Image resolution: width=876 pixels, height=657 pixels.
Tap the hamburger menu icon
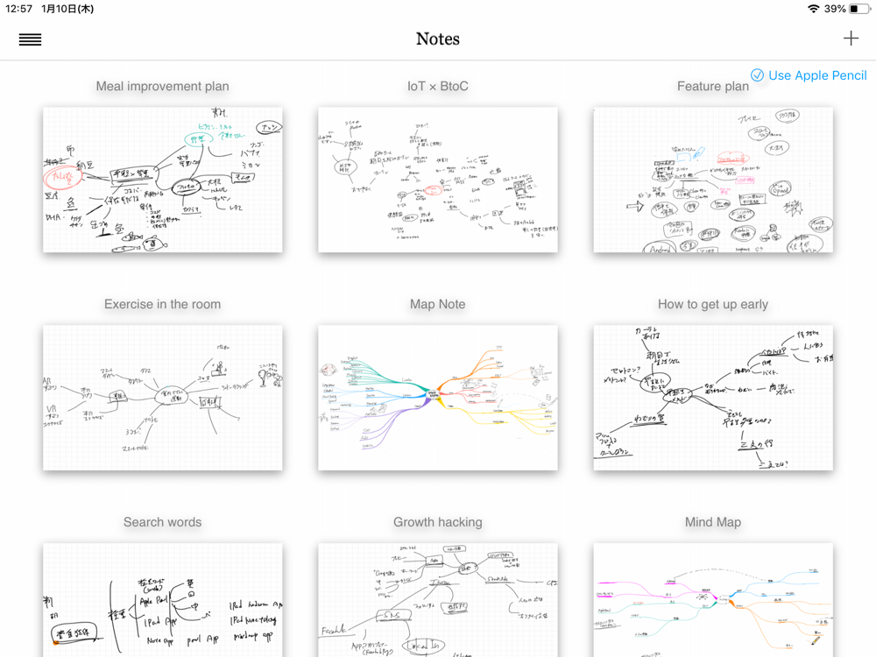[30, 39]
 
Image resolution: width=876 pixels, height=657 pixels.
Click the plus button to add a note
[851, 39]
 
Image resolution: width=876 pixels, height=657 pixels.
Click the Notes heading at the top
[437, 39]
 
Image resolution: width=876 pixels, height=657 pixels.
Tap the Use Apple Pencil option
[809, 75]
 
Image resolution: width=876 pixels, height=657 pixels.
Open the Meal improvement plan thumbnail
[163, 180]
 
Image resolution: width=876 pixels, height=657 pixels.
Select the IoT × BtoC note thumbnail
[438, 180]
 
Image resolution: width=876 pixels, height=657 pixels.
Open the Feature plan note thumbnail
[713, 180]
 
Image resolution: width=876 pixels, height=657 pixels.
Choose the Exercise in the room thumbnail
[163, 398]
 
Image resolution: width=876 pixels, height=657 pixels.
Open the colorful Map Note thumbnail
[438, 398]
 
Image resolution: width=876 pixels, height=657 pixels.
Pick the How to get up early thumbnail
[713, 398]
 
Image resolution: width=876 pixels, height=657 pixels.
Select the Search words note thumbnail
[163, 600]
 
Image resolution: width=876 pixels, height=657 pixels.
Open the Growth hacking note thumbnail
[438, 600]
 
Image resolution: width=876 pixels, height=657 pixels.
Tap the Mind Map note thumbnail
[713, 600]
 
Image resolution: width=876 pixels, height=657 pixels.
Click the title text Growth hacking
[438, 522]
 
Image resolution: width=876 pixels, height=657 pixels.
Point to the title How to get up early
[713, 304]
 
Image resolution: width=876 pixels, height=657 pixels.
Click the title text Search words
[163, 522]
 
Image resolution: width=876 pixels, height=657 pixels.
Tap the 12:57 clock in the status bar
[18, 9]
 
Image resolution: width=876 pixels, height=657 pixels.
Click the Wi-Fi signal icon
[814, 9]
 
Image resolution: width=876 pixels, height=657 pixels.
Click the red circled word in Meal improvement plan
[63, 177]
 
